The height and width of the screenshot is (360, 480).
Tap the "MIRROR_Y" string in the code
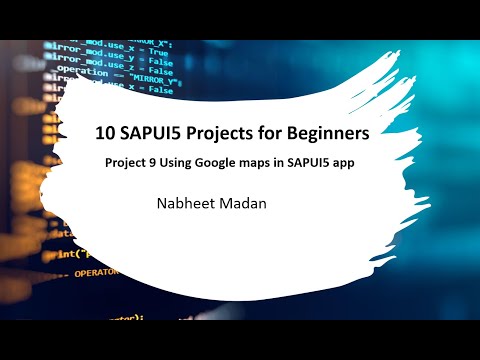pyautogui.click(x=150, y=79)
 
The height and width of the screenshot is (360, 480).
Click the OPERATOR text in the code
pyautogui.click(x=94, y=271)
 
